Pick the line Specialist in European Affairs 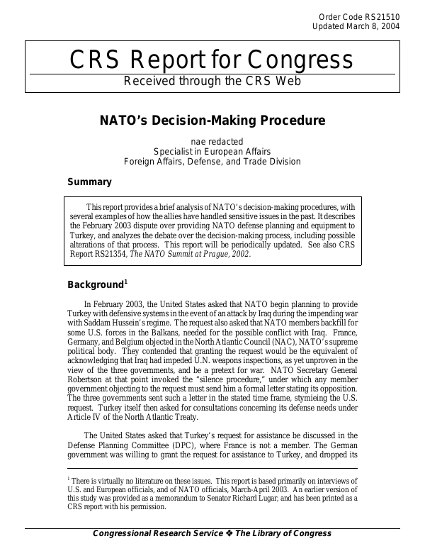click(x=212, y=151)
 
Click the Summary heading click(x=89, y=182)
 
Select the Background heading click(x=96, y=285)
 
